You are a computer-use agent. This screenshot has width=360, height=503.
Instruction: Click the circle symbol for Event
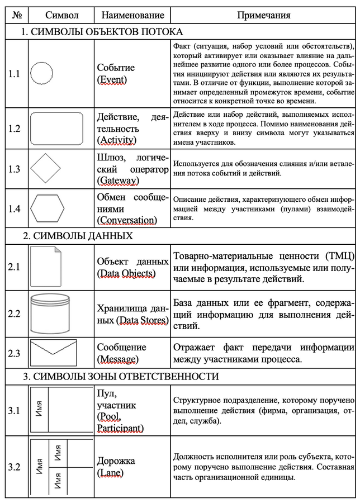(x=41, y=74)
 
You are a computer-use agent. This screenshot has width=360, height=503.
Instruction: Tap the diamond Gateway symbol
(x=45, y=168)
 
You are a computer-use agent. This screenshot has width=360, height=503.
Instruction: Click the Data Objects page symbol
(x=45, y=267)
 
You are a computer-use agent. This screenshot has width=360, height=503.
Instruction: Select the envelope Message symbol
(x=54, y=352)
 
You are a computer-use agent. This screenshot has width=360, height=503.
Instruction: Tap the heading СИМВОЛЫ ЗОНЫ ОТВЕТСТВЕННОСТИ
(x=120, y=376)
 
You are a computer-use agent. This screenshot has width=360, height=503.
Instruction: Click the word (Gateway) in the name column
(x=118, y=181)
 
